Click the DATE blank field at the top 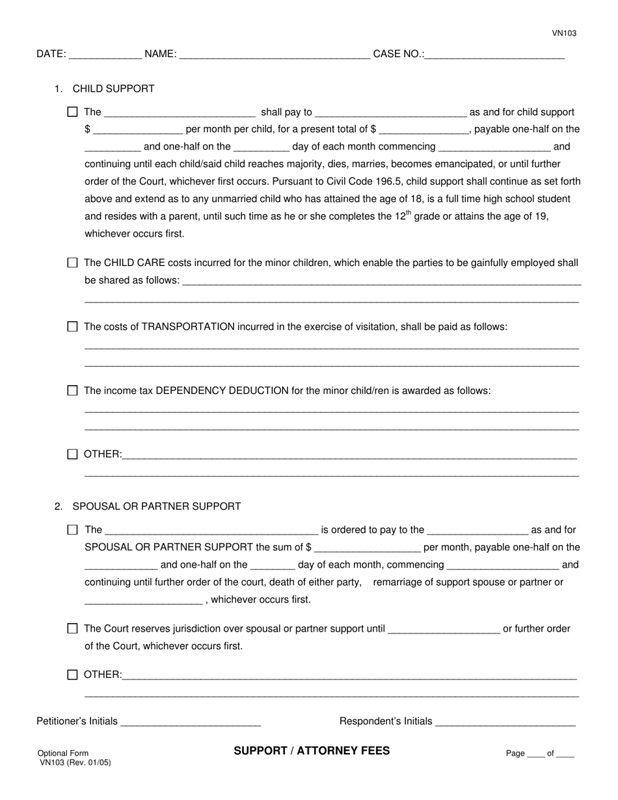click(x=105, y=55)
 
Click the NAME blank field click(x=274, y=55)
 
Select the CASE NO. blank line click(x=494, y=55)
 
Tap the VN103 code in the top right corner click(x=564, y=33)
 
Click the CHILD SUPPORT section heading click(x=113, y=88)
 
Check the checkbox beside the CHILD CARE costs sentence click(x=72, y=263)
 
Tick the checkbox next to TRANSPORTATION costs click(x=72, y=327)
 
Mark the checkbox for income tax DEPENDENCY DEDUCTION click(x=72, y=390)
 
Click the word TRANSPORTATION click(x=188, y=327)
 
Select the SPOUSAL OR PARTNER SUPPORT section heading click(x=156, y=506)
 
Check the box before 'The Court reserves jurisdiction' click(x=72, y=628)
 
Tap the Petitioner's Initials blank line click(x=191, y=722)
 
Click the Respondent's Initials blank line click(x=505, y=722)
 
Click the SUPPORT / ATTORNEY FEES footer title click(x=312, y=751)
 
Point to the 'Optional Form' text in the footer click(x=63, y=753)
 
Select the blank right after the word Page click(x=535, y=754)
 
